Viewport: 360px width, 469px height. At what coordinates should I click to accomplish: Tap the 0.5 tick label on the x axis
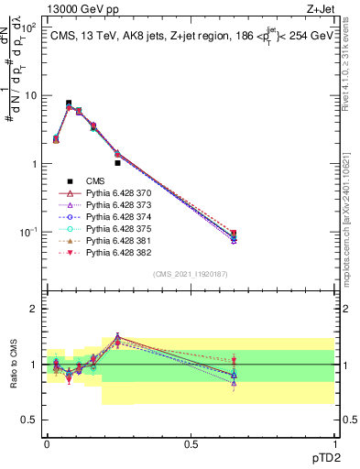pos(191,443)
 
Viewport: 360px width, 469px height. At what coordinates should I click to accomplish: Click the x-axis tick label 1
pos(334,443)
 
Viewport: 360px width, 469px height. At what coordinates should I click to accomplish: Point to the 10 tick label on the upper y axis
pos(29,95)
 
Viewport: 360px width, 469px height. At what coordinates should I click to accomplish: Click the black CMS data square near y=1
pos(118,163)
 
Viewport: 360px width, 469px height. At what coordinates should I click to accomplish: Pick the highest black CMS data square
pos(69,104)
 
